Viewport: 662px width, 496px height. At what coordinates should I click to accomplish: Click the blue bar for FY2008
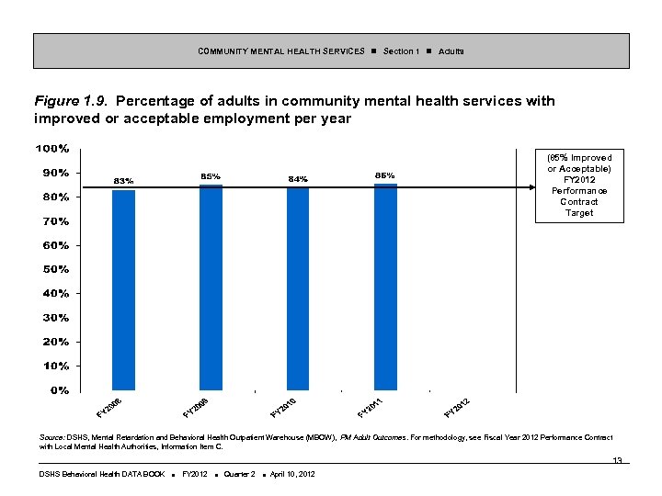pyautogui.click(x=123, y=289)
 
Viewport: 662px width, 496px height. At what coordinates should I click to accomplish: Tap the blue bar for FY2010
pyautogui.click(x=298, y=288)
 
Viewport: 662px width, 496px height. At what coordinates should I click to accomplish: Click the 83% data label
pyautogui.click(x=123, y=180)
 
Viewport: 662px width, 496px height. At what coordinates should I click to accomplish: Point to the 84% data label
pyautogui.click(x=298, y=178)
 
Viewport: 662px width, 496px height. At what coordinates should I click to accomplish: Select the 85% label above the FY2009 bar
pyautogui.click(x=211, y=175)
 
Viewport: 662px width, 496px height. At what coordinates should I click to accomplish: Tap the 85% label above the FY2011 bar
pyautogui.click(x=385, y=175)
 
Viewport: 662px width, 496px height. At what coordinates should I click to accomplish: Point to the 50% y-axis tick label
pyautogui.click(x=53, y=269)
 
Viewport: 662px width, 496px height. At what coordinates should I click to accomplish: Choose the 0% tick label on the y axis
pyautogui.click(x=57, y=389)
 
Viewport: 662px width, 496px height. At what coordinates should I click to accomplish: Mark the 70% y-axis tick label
pyautogui.click(x=53, y=221)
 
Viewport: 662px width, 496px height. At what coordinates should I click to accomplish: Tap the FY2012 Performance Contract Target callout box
pyautogui.click(x=579, y=186)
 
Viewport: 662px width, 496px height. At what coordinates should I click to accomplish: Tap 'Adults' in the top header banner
pyautogui.click(x=451, y=51)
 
